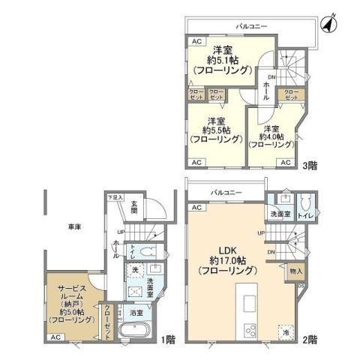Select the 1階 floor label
[169, 338]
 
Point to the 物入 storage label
[295, 271]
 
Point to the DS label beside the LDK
[301, 285]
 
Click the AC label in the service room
[55, 337]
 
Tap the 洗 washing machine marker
[136, 269]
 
